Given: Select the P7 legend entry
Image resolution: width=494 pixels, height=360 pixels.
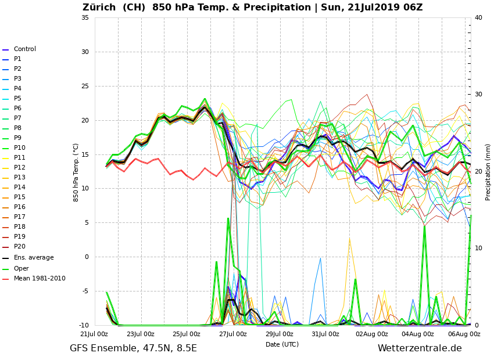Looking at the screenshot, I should [x=17, y=118].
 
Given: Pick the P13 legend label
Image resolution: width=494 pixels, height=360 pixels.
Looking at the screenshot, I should [x=19, y=178].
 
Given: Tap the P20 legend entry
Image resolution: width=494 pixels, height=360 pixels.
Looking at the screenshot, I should [x=19, y=247].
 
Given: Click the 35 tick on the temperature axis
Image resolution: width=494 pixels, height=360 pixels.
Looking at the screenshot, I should [x=85, y=17].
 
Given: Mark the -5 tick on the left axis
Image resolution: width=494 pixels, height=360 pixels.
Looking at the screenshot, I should [x=85, y=291].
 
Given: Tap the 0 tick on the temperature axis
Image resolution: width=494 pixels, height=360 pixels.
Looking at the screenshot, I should [x=87, y=257].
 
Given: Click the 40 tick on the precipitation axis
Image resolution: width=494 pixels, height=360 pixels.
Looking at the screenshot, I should [x=478, y=17].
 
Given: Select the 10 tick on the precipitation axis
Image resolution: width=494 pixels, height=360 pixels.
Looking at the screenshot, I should [x=478, y=249].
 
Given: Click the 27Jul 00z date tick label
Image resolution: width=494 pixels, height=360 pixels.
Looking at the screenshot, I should [x=232, y=334].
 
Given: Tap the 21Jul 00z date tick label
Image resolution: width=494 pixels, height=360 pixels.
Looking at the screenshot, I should [x=94, y=334].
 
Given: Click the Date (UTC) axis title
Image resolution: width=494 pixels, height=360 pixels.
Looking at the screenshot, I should [x=282, y=344].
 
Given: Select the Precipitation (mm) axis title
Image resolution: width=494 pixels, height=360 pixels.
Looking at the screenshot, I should [x=488, y=172].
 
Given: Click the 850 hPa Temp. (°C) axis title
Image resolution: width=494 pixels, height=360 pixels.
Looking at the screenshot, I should [x=76, y=172].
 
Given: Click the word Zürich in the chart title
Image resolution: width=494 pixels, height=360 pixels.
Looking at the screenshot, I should [x=101, y=8].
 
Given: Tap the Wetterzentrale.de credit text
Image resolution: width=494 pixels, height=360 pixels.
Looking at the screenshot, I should [x=420, y=348].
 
